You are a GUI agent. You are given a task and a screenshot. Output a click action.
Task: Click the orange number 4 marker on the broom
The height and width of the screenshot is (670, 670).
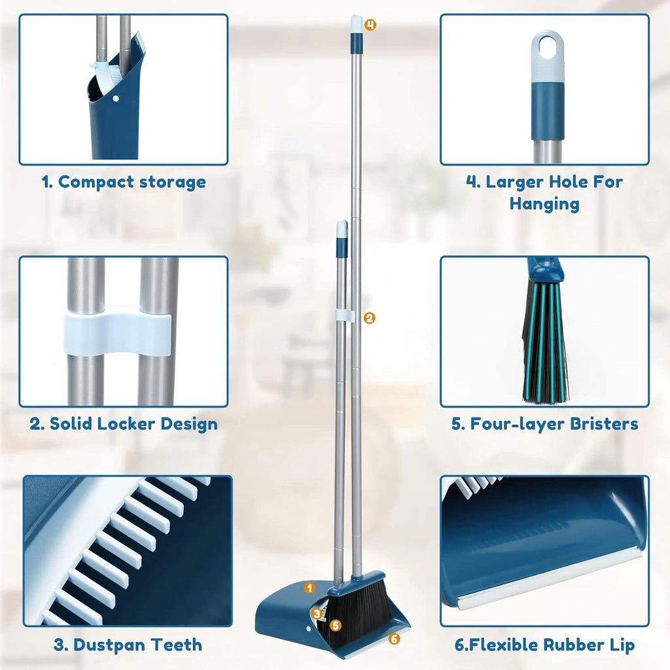[370, 25]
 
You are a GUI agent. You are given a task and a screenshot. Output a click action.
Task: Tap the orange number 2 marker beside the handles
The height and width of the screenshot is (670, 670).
[370, 318]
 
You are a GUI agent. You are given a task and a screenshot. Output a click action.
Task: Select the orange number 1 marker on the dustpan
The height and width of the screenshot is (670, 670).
[310, 588]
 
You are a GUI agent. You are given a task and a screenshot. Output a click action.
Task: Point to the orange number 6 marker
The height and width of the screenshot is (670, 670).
[394, 639]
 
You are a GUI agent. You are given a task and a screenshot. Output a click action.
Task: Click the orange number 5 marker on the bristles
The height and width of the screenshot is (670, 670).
[336, 626]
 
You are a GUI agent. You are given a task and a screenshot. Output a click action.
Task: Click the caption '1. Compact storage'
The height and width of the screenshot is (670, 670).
[124, 182]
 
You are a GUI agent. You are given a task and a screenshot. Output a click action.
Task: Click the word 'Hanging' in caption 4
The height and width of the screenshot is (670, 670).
[544, 203]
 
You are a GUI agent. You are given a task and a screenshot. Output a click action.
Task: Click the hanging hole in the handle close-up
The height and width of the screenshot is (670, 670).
[547, 45]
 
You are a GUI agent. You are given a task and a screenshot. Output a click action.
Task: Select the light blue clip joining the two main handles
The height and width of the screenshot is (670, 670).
[346, 316]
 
